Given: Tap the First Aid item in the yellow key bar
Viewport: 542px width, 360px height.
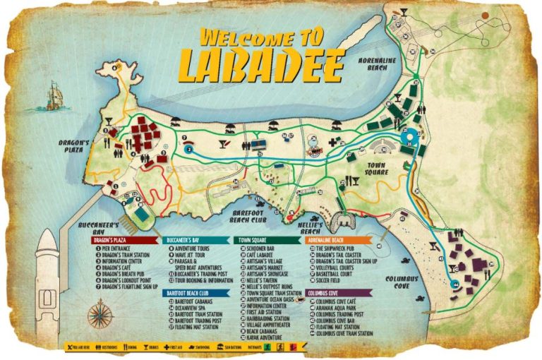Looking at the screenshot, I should click(167, 347).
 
